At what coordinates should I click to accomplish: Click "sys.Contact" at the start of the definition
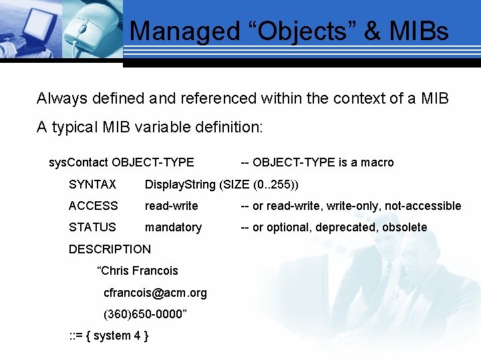point(79,162)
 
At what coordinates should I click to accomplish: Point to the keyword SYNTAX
point(92,185)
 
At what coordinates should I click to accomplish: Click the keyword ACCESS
point(93,206)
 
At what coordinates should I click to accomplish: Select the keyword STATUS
point(92,227)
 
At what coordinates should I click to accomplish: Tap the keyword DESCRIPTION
point(110,249)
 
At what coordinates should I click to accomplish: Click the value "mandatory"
point(173,227)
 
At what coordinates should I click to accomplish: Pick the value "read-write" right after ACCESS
point(171,206)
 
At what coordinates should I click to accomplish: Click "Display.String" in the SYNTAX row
point(179,185)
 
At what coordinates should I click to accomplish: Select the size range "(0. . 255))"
point(273,185)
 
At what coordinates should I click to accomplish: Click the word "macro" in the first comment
point(376,162)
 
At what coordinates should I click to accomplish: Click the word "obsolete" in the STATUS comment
point(404,227)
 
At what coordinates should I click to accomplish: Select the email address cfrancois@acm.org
point(155,293)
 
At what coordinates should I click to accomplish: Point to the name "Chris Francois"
point(138,271)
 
